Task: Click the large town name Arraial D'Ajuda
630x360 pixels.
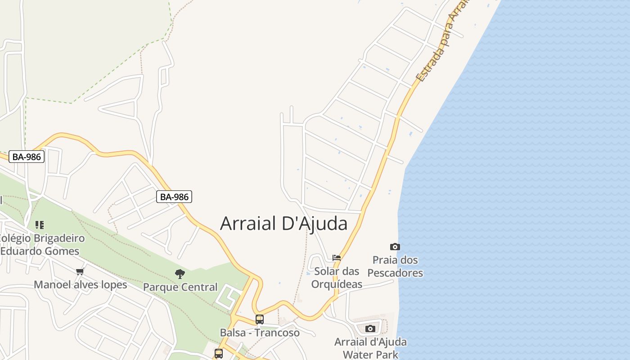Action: (283, 224)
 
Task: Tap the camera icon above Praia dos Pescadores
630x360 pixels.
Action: (395, 247)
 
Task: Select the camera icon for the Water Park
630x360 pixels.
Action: (370, 328)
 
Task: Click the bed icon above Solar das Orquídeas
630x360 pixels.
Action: (337, 258)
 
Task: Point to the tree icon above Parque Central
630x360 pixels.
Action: (180, 274)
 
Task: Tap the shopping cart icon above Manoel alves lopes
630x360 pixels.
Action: (80, 271)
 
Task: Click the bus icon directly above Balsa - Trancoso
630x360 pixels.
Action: (260, 319)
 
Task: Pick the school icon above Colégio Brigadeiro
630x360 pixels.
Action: (40, 225)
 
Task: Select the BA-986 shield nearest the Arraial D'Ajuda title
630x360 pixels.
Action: (174, 197)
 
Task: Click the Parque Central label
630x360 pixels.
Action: (180, 287)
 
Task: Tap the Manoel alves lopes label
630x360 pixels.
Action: (81, 285)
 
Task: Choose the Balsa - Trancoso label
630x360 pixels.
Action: (260, 333)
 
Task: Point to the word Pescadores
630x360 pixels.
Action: (395, 273)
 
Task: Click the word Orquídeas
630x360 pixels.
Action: (337, 284)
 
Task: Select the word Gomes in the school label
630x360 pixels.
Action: (63, 251)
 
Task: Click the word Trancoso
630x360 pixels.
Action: (278, 333)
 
